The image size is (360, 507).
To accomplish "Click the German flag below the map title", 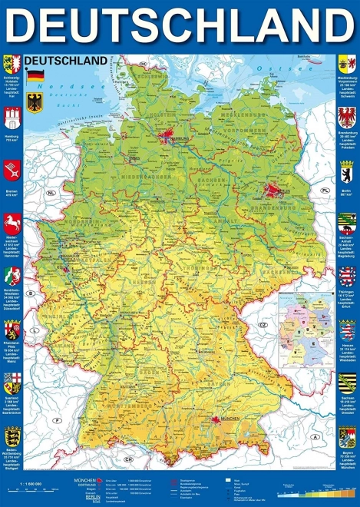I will tap(35, 75).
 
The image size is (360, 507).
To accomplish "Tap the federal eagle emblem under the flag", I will tap(35, 101).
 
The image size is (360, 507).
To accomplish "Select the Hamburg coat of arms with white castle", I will tap(11, 118).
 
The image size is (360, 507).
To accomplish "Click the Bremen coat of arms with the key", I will tap(11, 170).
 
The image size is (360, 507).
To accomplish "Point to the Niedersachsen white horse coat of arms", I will tap(11, 224).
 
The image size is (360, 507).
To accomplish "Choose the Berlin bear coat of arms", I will tap(347, 171).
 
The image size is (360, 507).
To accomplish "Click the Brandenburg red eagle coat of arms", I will tap(347, 116).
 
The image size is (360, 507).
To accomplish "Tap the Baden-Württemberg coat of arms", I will tap(11, 438).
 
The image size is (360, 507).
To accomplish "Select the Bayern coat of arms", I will tap(347, 438).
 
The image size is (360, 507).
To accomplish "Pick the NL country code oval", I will tap(51, 193).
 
